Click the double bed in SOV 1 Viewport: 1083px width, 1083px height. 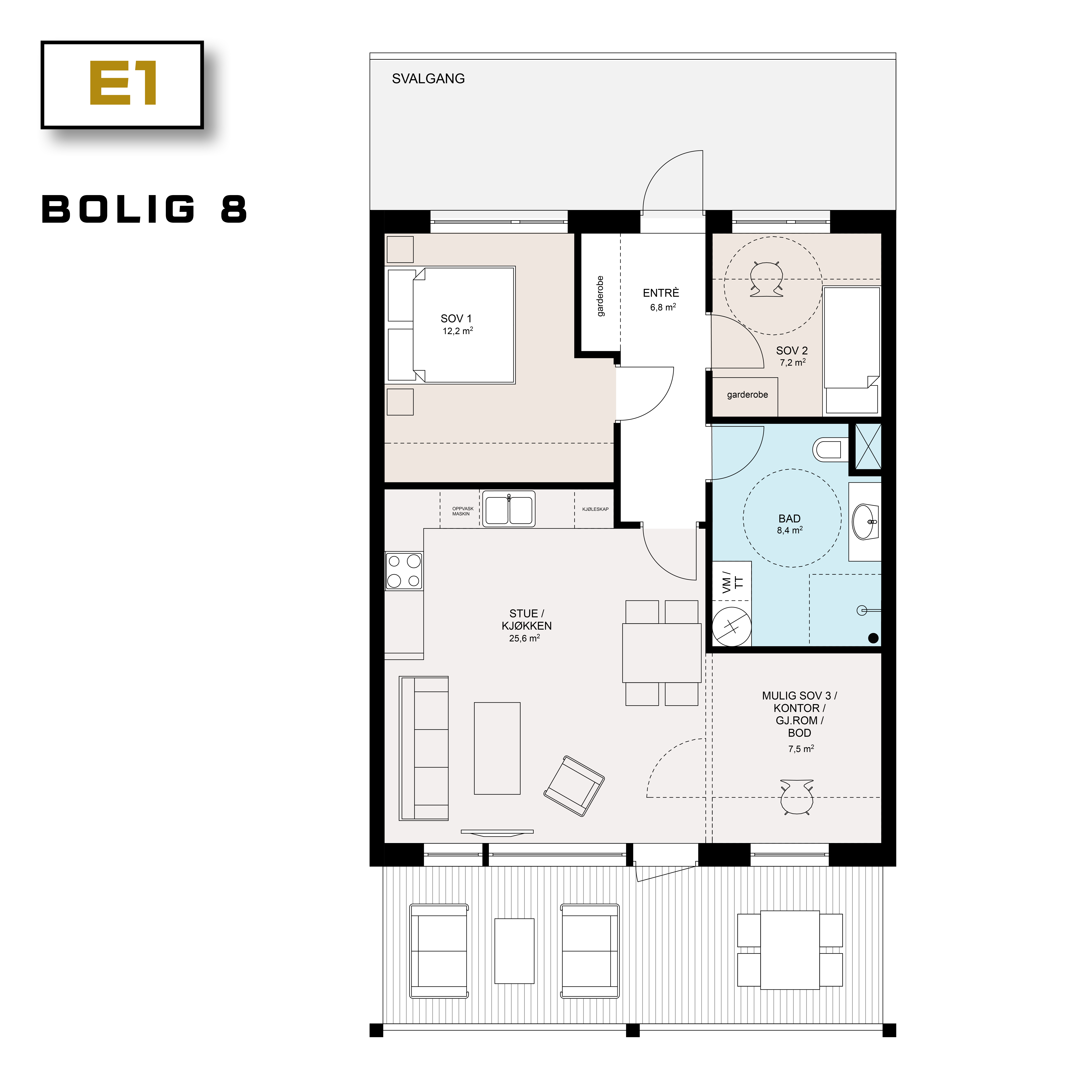click(x=463, y=325)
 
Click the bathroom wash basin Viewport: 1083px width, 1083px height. click(x=865, y=521)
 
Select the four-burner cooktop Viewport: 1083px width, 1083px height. click(x=404, y=571)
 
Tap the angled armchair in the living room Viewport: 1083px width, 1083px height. click(x=574, y=786)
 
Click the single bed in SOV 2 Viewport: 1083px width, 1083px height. click(x=852, y=348)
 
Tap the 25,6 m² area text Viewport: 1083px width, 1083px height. click(x=524, y=638)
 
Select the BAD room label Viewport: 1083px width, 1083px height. click(x=789, y=518)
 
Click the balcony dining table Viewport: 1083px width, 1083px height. click(x=790, y=950)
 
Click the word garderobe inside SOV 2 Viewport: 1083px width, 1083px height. click(x=747, y=395)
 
